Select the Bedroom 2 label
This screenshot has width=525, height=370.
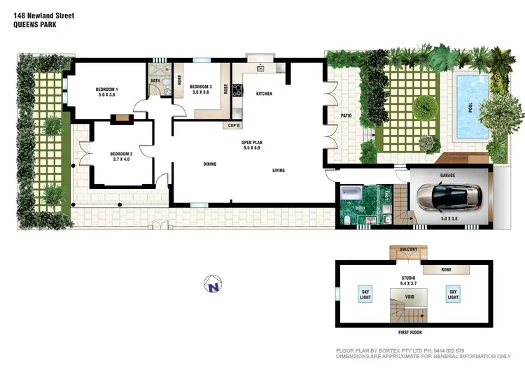point(121,157)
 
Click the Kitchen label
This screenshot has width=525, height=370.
point(264,94)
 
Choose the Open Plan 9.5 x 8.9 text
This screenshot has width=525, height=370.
point(251,145)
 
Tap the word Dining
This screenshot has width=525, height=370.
point(210,164)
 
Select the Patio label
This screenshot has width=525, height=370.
point(346,115)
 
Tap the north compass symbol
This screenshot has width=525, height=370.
point(212,285)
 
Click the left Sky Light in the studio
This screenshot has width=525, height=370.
point(365,294)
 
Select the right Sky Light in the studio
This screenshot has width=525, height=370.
point(453,294)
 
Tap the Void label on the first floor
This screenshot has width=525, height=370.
point(409,297)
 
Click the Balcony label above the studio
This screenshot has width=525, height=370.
point(408,250)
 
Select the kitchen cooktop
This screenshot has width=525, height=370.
point(237,90)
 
